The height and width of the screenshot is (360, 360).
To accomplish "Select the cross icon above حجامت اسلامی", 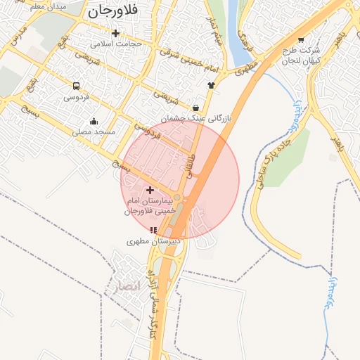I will tap(116, 32).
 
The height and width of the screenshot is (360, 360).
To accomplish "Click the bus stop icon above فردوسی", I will tap(76, 86).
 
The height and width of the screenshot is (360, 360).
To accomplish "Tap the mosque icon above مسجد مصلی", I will tap(94, 121).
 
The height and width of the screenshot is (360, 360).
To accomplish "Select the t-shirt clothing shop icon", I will tap(211, 85).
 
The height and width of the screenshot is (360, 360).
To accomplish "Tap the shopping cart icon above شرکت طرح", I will tap(301, 40).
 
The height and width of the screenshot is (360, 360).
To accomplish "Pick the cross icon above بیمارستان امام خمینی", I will tap(150, 190).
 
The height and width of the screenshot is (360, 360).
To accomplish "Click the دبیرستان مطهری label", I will tap(154, 241).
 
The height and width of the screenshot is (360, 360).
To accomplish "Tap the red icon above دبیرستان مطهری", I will tap(154, 230).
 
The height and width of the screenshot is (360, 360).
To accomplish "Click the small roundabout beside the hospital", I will tap(177, 198).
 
